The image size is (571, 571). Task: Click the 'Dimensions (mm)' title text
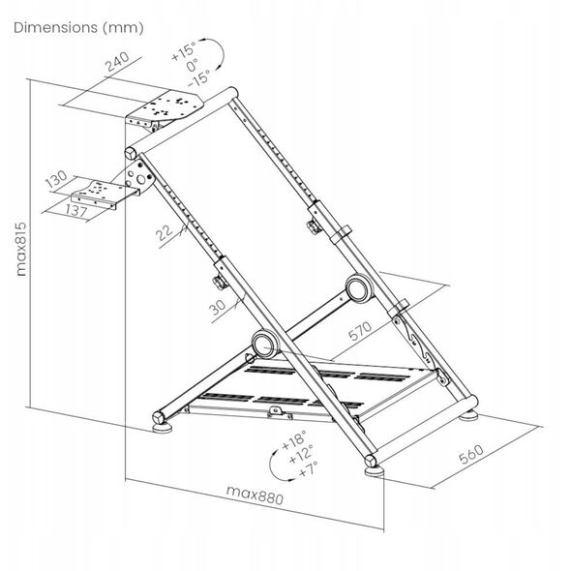click(78, 28)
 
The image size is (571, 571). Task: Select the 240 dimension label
click(117, 61)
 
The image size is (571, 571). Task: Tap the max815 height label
click(21, 249)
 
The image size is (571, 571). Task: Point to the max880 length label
click(255, 496)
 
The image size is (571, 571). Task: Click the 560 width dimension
click(471, 454)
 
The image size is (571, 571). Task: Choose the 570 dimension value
click(360, 330)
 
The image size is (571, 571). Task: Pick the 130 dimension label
click(56, 179)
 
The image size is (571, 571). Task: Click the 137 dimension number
click(75, 211)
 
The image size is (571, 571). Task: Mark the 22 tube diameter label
click(165, 233)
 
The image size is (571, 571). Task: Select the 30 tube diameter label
click(218, 307)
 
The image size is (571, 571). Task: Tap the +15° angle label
click(184, 50)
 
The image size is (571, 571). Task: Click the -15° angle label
click(199, 78)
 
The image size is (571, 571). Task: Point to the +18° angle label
click(294, 440)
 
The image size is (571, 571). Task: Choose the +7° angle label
click(308, 469)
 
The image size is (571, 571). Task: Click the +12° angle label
click(301, 455)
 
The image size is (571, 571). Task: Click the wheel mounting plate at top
click(165, 110)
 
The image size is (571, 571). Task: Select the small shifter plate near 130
click(105, 195)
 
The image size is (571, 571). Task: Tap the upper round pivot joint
click(359, 288)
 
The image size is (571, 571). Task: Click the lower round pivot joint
click(265, 344)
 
